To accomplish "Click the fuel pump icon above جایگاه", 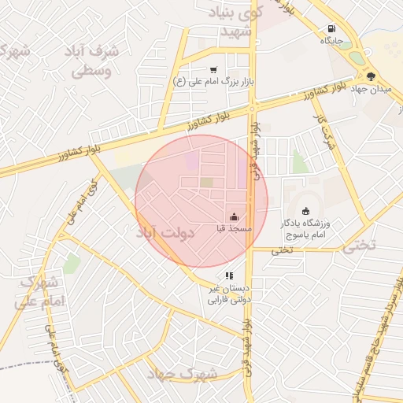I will point(327,29).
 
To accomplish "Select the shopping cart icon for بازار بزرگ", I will point(213,69).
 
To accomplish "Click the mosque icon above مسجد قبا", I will point(233,216).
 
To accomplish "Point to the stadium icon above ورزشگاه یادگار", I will point(305,211).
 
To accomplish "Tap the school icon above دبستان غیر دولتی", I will point(228,275).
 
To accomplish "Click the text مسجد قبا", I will point(235,228).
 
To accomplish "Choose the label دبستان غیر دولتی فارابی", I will point(227,294).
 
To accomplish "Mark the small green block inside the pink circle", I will point(206,183).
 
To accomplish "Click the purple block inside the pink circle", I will point(192,161).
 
